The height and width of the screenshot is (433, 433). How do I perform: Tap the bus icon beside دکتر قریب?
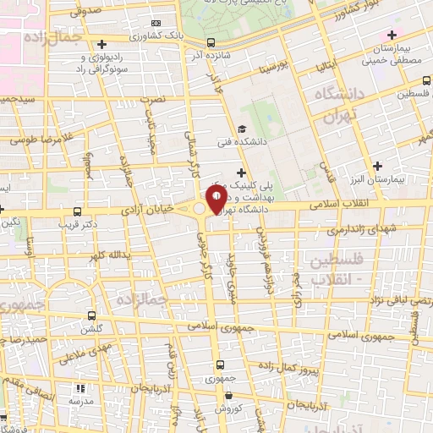click(78, 211)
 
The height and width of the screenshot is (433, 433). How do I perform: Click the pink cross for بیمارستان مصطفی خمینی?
click(391, 35)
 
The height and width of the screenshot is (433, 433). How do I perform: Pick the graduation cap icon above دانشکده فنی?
click(241, 129)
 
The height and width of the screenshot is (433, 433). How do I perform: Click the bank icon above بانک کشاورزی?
click(153, 23)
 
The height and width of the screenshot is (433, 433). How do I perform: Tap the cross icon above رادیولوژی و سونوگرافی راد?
click(101, 44)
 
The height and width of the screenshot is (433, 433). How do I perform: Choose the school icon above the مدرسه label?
click(82, 388)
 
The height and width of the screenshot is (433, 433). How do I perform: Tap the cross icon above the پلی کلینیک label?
click(242, 173)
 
